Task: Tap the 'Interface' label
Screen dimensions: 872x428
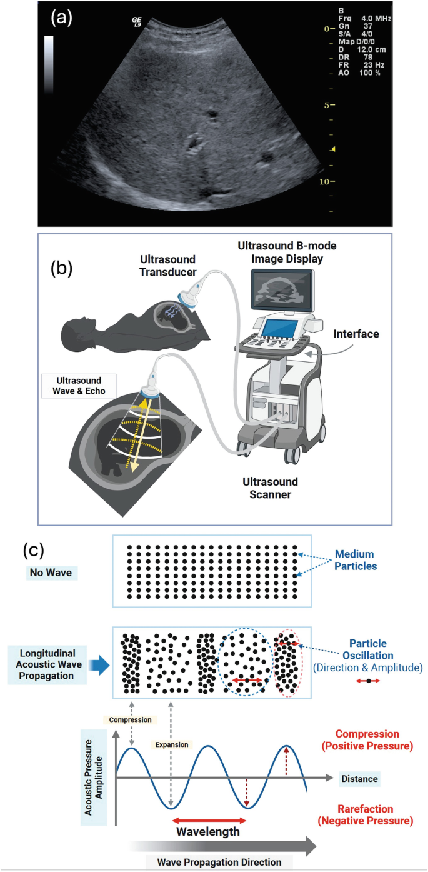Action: coord(356,334)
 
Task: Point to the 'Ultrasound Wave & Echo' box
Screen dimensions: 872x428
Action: coord(74,384)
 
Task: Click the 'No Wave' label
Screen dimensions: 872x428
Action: coord(53,571)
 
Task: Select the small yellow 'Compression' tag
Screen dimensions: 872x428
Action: coord(130,719)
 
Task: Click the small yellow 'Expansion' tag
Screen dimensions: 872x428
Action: coord(171,745)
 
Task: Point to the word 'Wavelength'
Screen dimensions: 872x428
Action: coord(208,832)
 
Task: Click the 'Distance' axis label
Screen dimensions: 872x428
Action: coord(360,779)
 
